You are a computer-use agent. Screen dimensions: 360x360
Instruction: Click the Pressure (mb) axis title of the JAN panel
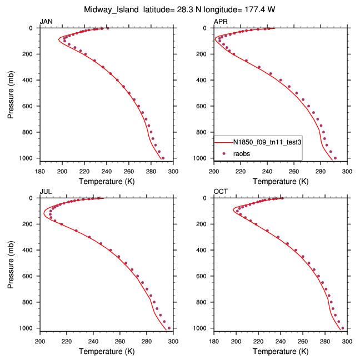12,93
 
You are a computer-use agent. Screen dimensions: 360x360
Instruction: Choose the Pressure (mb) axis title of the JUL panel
12,263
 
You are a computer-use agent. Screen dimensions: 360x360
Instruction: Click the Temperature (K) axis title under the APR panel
280,181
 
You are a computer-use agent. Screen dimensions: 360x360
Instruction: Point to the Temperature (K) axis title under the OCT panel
280,351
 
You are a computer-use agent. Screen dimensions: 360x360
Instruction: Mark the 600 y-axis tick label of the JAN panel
30,106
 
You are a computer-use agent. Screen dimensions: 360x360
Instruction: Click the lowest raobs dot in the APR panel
335,158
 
